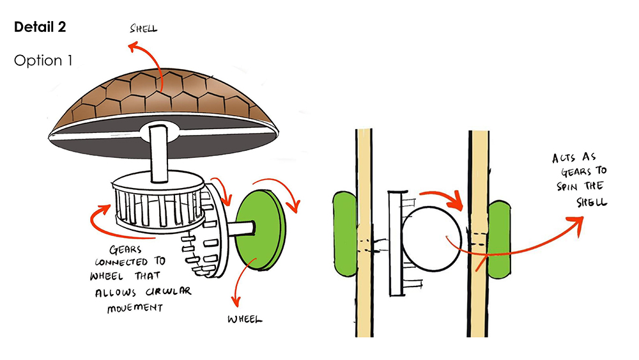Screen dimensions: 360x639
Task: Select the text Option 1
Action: click(x=43, y=61)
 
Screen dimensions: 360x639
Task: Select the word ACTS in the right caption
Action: click(x=564, y=158)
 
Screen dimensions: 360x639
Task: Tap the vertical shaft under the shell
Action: click(x=159, y=150)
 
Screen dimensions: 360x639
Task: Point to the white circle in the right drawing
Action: click(x=431, y=234)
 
